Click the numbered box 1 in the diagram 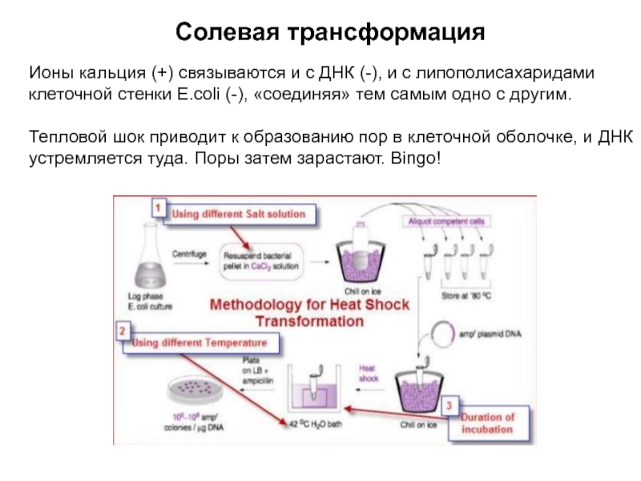(x=159, y=207)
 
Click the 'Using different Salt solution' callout (x=240, y=215)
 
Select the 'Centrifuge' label (x=189, y=253)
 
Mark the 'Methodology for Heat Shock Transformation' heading (x=310, y=312)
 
